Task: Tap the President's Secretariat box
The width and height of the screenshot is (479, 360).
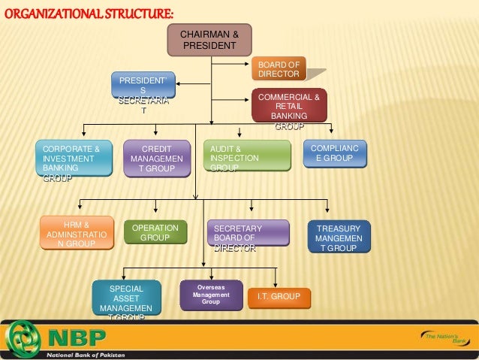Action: point(143,95)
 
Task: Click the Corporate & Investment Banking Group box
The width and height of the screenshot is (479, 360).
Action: point(73,159)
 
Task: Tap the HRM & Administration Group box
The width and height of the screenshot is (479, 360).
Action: point(77,234)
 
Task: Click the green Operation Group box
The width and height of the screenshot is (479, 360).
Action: point(155,233)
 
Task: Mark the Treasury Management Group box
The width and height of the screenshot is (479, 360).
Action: point(339,237)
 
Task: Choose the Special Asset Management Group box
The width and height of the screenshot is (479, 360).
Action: point(126,301)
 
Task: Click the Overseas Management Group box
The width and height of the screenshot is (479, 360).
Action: point(211,295)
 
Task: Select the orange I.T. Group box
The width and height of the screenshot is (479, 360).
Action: point(278,298)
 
